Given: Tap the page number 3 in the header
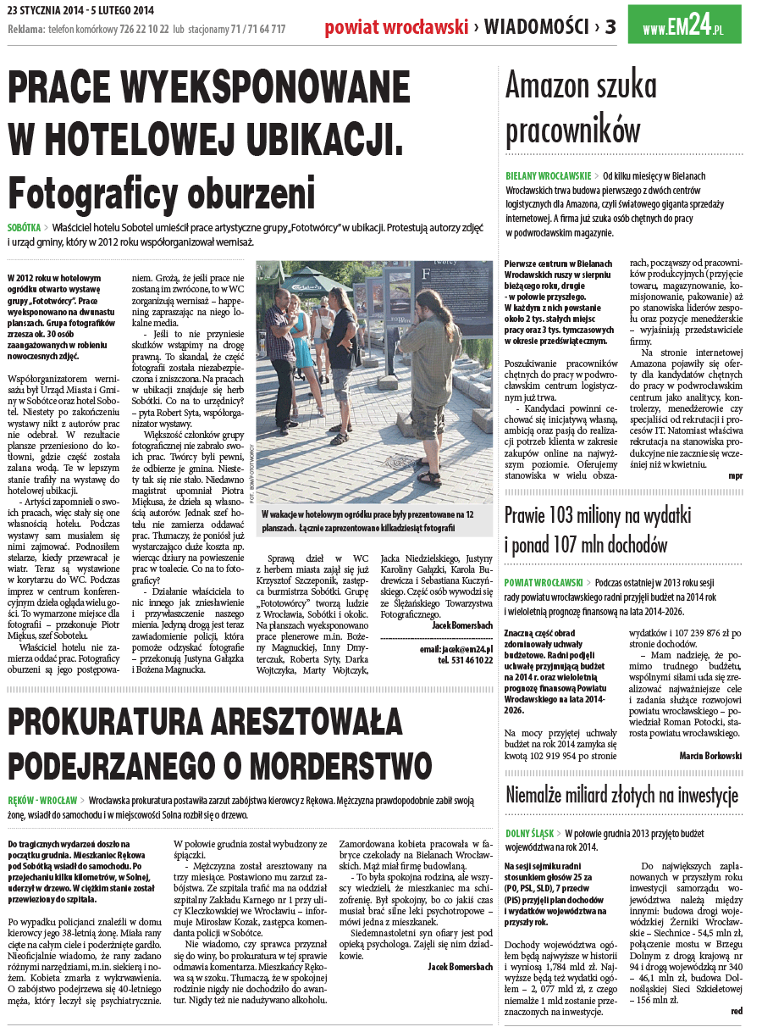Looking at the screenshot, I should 610,27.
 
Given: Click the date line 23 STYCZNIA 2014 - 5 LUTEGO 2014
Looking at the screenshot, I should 81,9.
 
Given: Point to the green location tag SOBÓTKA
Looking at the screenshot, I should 24,228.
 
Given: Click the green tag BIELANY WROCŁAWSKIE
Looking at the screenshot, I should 548,175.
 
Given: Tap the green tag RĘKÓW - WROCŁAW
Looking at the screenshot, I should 42,800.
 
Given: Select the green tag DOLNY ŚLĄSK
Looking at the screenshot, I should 530,834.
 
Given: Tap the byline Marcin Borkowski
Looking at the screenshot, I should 710,755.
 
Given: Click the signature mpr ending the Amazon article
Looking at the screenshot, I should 735,475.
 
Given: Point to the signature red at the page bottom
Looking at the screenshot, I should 736,1011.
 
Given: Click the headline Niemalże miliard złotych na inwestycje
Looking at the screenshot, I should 622,795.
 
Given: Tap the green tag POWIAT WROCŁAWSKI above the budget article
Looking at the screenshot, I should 544,583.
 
